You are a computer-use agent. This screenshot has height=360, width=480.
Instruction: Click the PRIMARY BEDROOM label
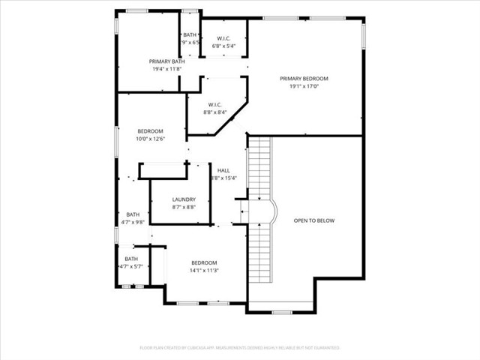pos(304,78)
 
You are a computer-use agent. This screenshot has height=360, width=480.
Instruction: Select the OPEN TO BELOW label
pos(313,220)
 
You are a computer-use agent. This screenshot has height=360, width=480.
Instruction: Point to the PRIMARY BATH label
pos(166,61)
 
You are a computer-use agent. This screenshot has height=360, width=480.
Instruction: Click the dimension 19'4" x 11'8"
pos(166,69)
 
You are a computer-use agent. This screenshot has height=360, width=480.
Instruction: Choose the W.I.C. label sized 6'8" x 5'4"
pos(223,38)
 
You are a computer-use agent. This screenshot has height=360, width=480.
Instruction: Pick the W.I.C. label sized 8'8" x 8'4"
pos(214,105)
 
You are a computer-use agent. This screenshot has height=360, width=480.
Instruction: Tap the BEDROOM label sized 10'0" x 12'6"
pos(149,131)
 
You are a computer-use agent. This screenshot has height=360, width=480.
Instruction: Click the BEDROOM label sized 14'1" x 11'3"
pos(203,262)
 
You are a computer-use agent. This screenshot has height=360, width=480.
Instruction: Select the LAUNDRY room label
pos(184,199)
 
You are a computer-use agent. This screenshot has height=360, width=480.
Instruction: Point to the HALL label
pos(223,170)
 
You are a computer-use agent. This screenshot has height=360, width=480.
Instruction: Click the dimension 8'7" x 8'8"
pos(184,207)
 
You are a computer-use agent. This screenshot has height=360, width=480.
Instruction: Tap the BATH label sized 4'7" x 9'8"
pos(132,214)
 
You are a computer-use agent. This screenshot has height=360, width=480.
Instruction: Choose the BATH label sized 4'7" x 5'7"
pos(131,259)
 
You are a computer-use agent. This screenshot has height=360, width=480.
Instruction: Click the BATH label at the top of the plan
pos(190,34)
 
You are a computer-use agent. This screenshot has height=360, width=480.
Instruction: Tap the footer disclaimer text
pos(240,347)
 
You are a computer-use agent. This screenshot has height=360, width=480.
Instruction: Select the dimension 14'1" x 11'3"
pos(203,270)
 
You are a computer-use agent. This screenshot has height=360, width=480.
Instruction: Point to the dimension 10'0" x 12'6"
pos(149,139)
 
